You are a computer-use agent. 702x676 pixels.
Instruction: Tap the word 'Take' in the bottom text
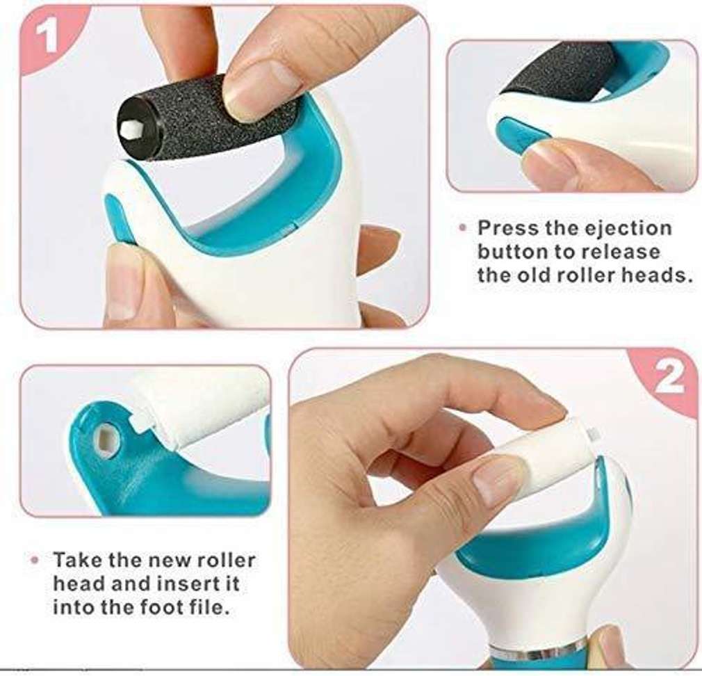[77, 560]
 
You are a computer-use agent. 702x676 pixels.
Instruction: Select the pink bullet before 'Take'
[35, 561]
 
